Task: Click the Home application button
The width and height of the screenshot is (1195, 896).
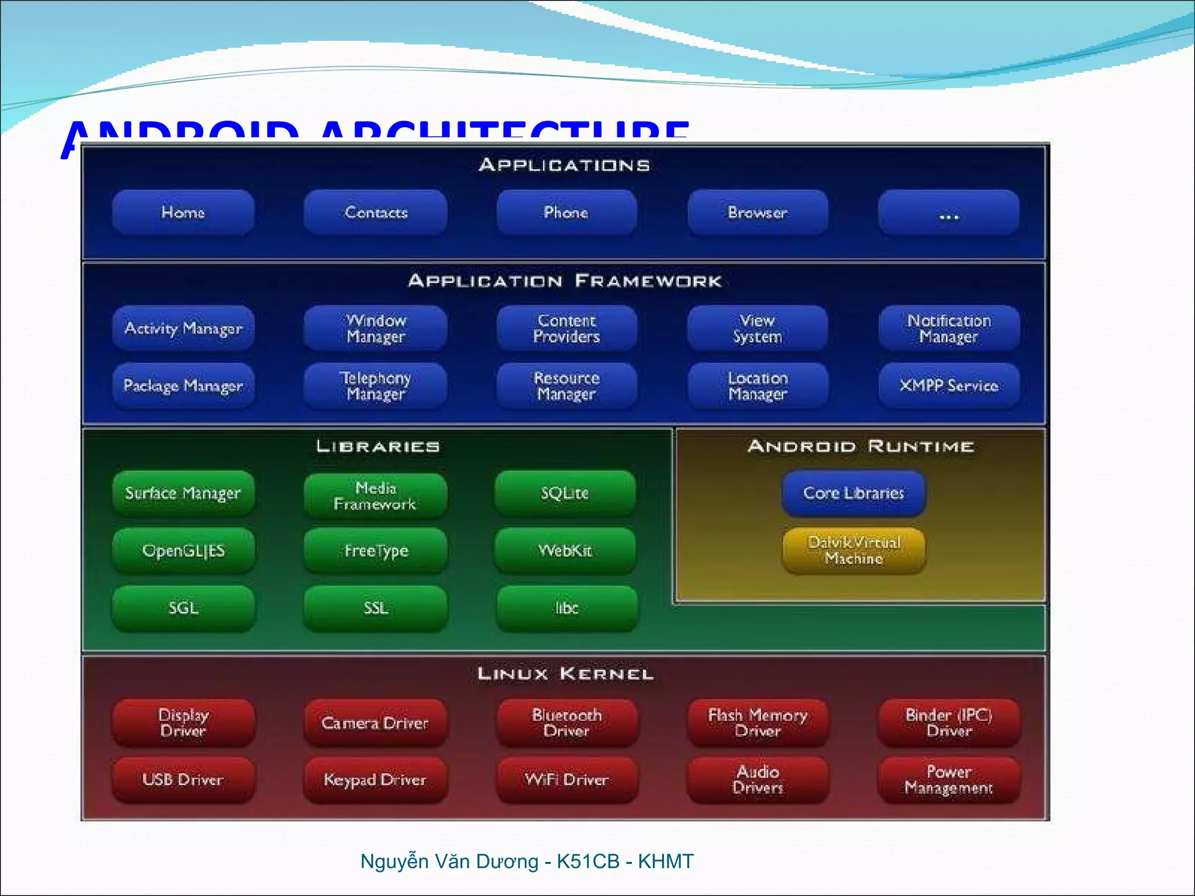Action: (x=183, y=212)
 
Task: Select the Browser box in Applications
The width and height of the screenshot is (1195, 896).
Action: (x=757, y=212)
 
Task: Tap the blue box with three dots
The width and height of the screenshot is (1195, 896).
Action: (x=949, y=212)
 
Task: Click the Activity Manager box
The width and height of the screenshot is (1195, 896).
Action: (x=183, y=328)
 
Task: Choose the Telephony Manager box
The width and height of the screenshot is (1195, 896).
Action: (x=375, y=386)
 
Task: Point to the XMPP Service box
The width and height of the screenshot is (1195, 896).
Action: (x=949, y=386)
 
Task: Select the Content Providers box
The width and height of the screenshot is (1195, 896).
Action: (x=566, y=328)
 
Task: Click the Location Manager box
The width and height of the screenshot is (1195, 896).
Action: (x=757, y=386)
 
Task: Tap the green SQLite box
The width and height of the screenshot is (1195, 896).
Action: (x=565, y=494)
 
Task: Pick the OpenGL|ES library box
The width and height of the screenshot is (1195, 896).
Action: (x=183, y=551)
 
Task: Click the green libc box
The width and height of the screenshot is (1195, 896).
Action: (x=566, y=608)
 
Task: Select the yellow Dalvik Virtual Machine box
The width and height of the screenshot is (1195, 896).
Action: (x=854, y=551)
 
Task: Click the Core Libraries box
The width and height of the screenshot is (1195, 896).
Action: (x=854, y=494)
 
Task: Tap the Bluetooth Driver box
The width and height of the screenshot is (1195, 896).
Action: (x=566, y=723)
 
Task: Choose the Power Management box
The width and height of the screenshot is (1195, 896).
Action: (x=949, y=780)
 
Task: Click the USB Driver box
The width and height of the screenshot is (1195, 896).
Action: (x=183, y=780)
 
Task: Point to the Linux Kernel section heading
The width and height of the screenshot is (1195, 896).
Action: (x=565, y=674)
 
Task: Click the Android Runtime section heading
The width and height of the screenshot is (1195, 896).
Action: (x=861, y=447)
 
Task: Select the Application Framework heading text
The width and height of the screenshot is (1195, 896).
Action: (x=565, y=281)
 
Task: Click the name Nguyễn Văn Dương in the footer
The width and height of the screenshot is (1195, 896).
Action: (x=449, y=862)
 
